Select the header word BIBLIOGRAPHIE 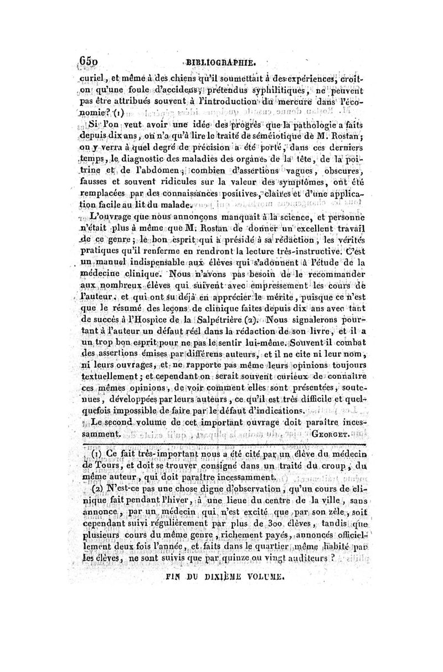pos(221,62)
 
